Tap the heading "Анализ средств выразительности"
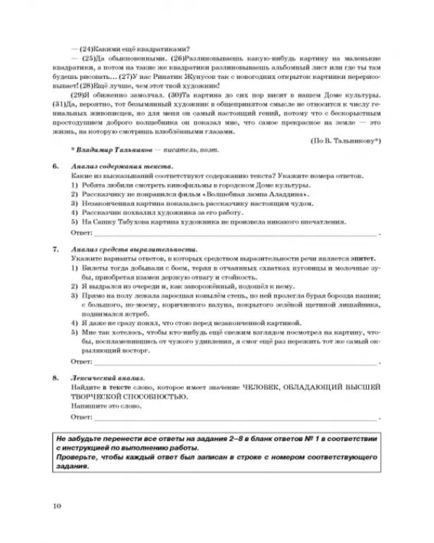point(119,248)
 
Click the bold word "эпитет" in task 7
point(344,257)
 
